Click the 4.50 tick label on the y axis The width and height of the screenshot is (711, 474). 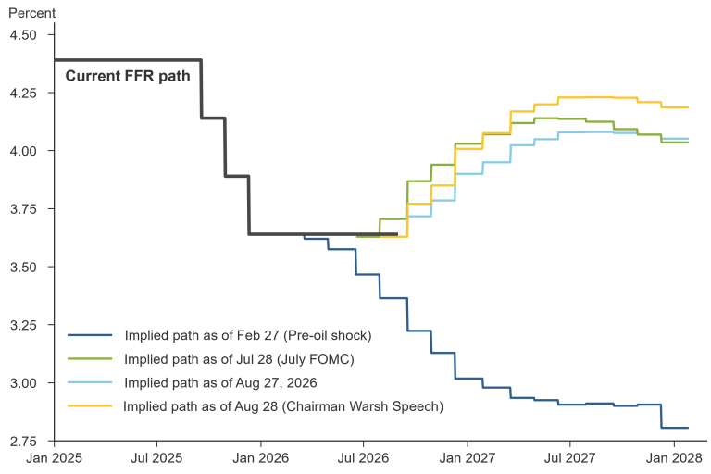[x=23, y=35]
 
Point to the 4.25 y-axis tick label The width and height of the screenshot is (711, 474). [x=23, y=93]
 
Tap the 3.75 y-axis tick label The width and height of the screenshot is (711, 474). [x=23, y=209]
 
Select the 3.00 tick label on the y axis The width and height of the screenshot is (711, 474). [x=23, y=383]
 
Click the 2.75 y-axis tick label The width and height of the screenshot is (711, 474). [x=23, y=442]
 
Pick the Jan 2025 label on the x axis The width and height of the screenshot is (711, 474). [x=54, y=458]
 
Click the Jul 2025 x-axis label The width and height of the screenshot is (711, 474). [x=156, y=458]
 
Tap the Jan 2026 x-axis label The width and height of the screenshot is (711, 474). [x=261, y=458]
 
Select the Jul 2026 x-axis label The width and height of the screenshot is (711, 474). [x=363, y=458]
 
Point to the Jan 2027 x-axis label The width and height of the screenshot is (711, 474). [x=468, y=458]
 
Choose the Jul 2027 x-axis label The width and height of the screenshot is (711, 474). [x=570, y=458]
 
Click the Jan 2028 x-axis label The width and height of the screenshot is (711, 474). [x=674, y=458]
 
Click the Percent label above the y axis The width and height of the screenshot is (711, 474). [x=31, y=13]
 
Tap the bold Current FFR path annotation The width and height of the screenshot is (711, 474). [x=128, y=76]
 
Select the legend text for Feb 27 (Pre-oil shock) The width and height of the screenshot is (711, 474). [x=248, y=336]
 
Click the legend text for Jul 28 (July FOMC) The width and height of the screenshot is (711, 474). [x=240, y=359]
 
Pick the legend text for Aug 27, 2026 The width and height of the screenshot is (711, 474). [x=221, y=383]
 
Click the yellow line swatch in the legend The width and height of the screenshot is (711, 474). [x=90, y=405]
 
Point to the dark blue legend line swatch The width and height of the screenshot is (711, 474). [x=90, y=335]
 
